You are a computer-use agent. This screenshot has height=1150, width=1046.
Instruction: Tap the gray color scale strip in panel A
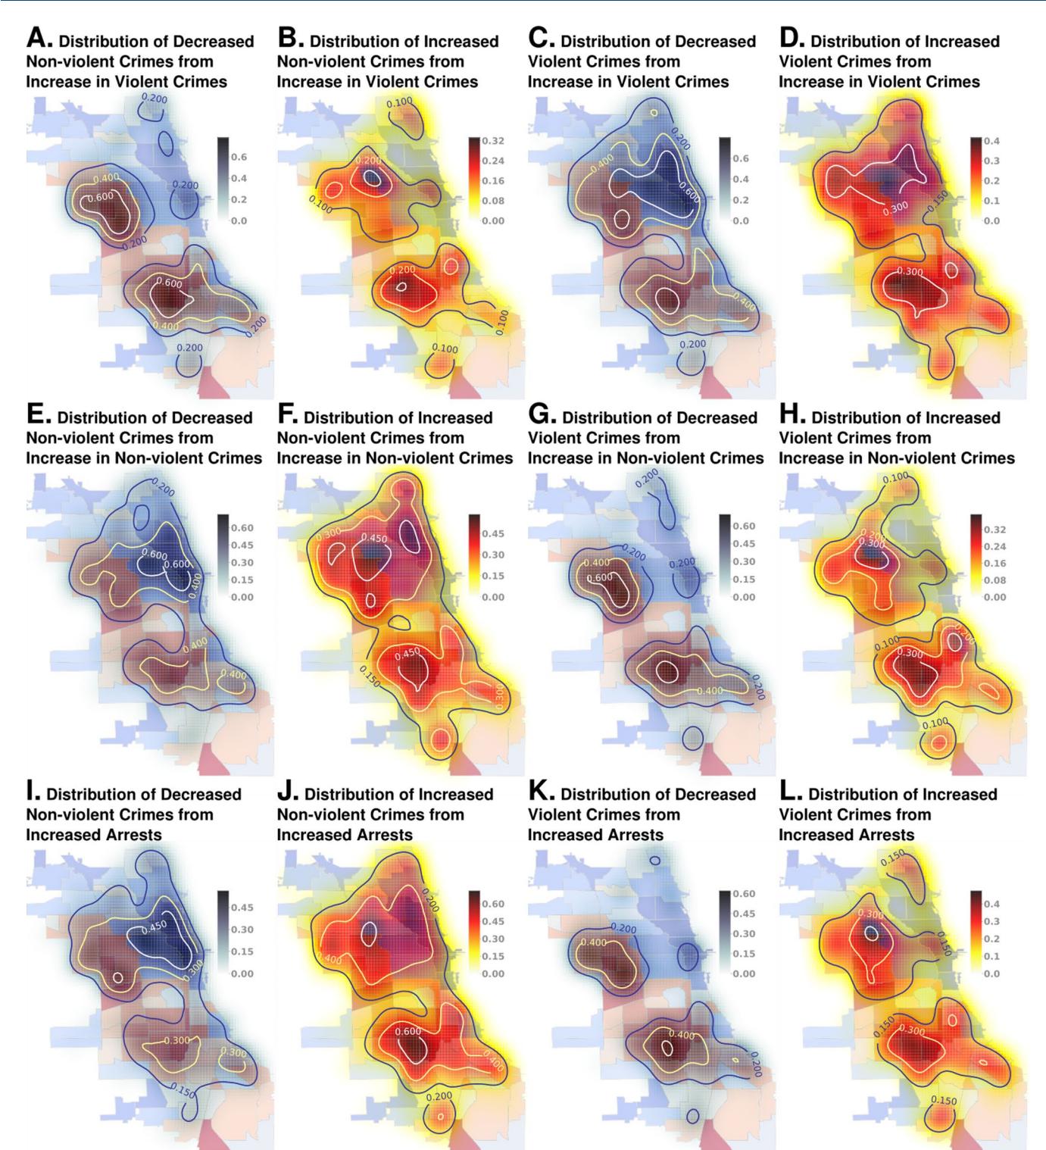223,179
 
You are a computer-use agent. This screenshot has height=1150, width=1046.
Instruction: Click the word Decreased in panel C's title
711,41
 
